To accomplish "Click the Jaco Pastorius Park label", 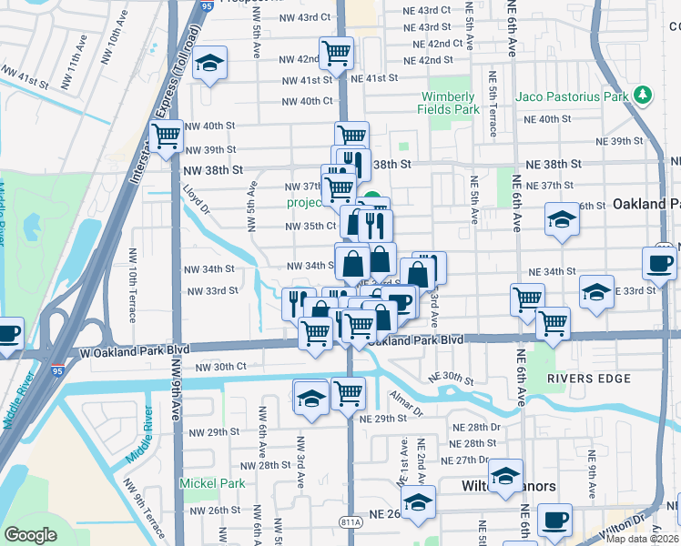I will tap(573, 96).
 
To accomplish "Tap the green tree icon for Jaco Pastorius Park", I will tap(644, 95).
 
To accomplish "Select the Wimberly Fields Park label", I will tap(448, 103).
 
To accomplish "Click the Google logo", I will tap(31, 535).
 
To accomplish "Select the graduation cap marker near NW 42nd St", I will tap(211, 64).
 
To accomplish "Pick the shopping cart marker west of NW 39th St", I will tap(167, 137).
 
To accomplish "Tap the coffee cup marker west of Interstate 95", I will tap(7, 333).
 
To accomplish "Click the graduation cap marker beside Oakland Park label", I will tap(562, 219).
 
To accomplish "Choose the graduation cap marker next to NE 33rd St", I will tap(596, 291).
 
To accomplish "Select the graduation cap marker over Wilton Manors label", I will tap(505, 475).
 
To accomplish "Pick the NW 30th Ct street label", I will tap(221, 367).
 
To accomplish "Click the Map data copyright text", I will tap(642, 539).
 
